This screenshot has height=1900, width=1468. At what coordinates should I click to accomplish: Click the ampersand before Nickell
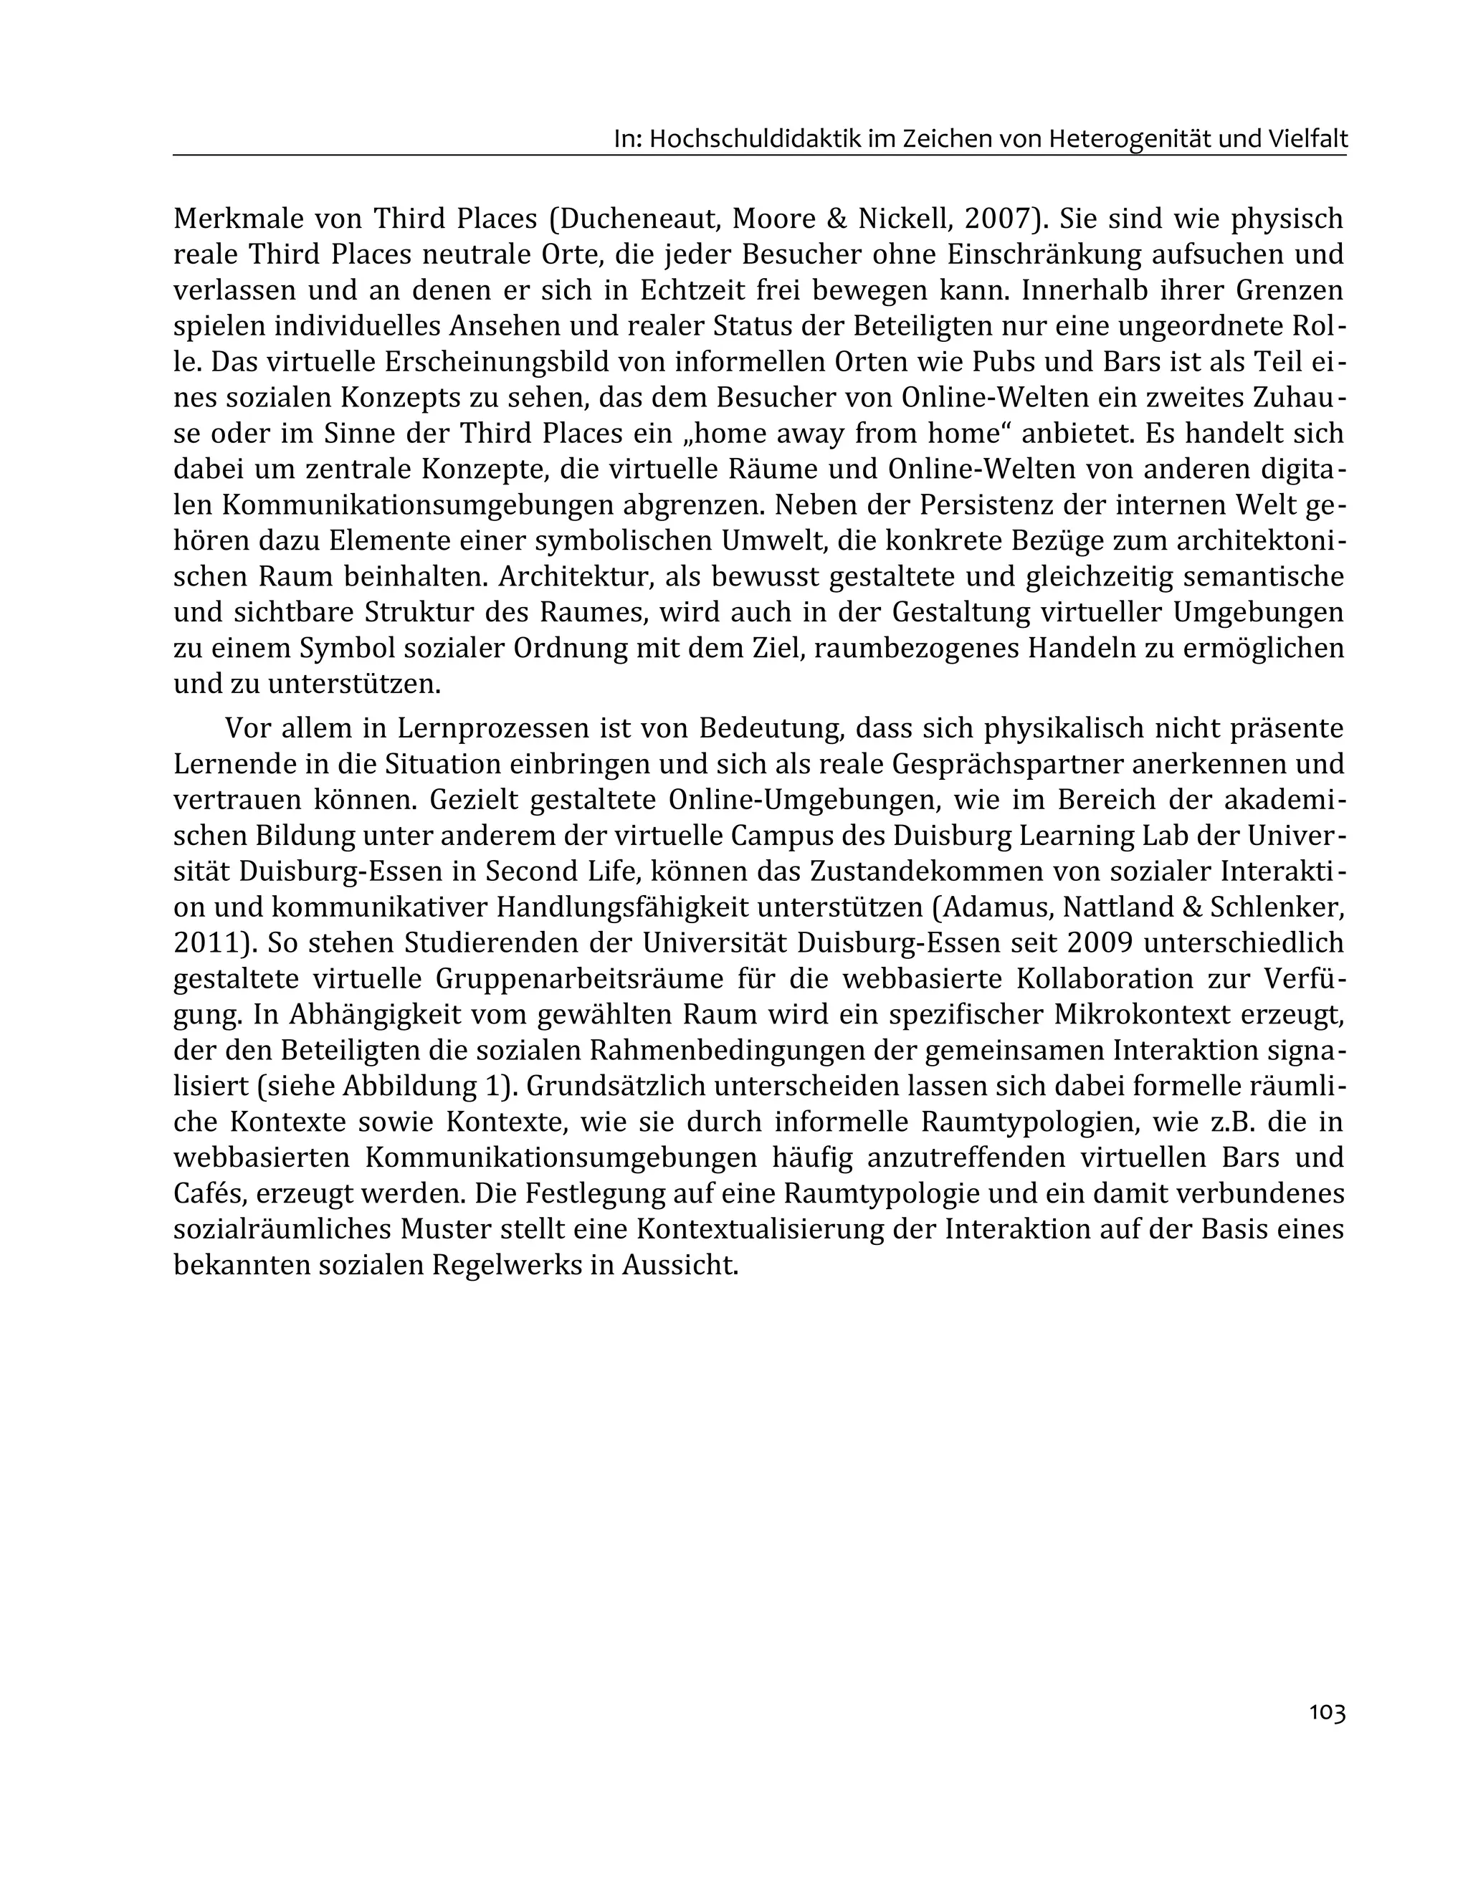837,219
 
